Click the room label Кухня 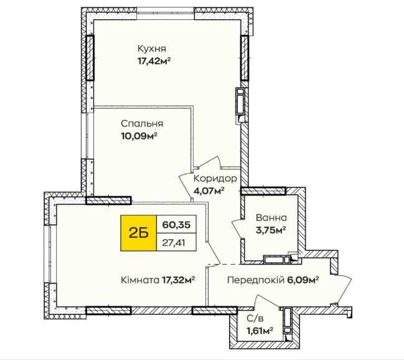153,49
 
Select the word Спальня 138,123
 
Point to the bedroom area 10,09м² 139,135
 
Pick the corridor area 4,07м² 209,191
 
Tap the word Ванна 271,219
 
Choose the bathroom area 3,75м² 271,230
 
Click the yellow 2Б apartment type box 138,232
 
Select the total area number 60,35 175,224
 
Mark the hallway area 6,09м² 304,280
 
